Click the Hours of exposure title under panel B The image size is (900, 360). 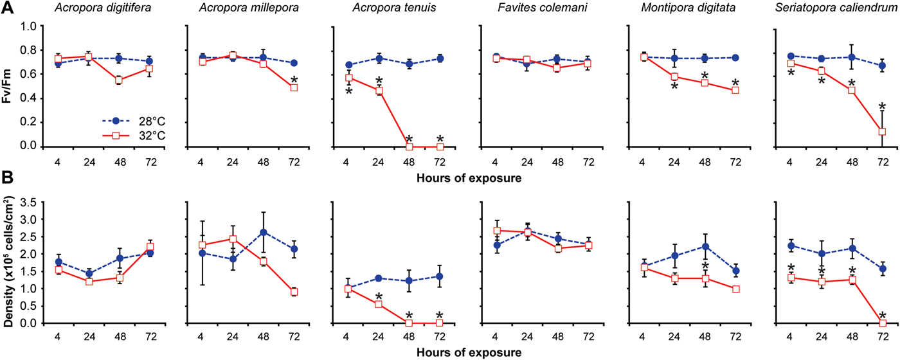(x=467, y=352)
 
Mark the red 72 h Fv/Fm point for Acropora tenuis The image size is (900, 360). (x=440, y=147)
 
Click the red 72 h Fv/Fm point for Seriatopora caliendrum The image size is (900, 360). (x=882, y=132)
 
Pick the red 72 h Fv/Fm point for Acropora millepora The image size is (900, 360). (x=294, y=87)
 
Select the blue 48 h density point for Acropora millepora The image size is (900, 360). (x=263, y=232)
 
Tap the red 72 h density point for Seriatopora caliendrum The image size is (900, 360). (x=882, y=323)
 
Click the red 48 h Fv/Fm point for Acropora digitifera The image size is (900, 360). (x=118, y=80)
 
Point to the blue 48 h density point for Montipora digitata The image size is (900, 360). (x=705, y=246)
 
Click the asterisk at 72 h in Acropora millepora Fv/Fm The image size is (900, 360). (x=294, y=79)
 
